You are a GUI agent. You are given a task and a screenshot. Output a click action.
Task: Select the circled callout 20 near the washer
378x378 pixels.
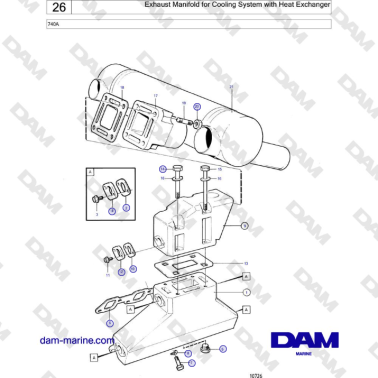pos(198,106)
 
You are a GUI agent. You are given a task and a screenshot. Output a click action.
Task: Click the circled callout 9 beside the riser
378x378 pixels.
pos(245,227)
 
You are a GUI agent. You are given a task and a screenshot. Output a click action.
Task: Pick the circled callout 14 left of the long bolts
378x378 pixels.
pos(163,172)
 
